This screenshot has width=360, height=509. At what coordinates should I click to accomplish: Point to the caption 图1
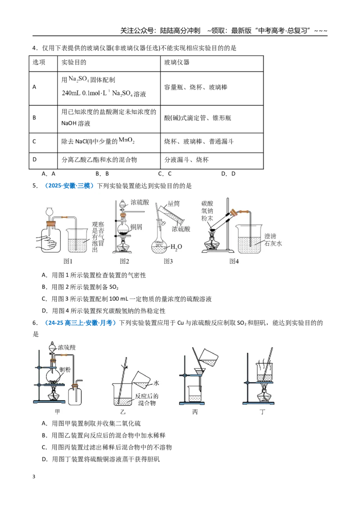(x=68, y=261)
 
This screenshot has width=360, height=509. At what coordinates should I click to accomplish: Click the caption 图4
(x=234, y=261)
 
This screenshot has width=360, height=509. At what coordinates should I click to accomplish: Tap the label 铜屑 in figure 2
(x=136, y=227)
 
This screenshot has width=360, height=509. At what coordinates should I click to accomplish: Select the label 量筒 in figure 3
(x=174, y=204)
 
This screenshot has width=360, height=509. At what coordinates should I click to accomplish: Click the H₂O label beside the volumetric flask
(x=176, y=247)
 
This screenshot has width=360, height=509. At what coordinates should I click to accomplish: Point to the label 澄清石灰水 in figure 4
(x=273, y=240)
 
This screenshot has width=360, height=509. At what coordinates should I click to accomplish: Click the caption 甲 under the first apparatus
(x=57, y=411)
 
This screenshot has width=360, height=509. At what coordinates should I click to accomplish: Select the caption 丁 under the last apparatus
(x=262, y=411)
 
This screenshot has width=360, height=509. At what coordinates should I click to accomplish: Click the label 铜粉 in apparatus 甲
(x=65, y=370)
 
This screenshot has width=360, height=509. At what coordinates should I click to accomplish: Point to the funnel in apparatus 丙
(x=199, y=374)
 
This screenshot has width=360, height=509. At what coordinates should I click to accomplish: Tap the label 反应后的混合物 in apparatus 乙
(x=147, y=400)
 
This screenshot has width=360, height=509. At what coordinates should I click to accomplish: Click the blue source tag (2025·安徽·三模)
(x=69, y=186)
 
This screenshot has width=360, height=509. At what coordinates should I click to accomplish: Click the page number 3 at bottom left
(x=34, y=477)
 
